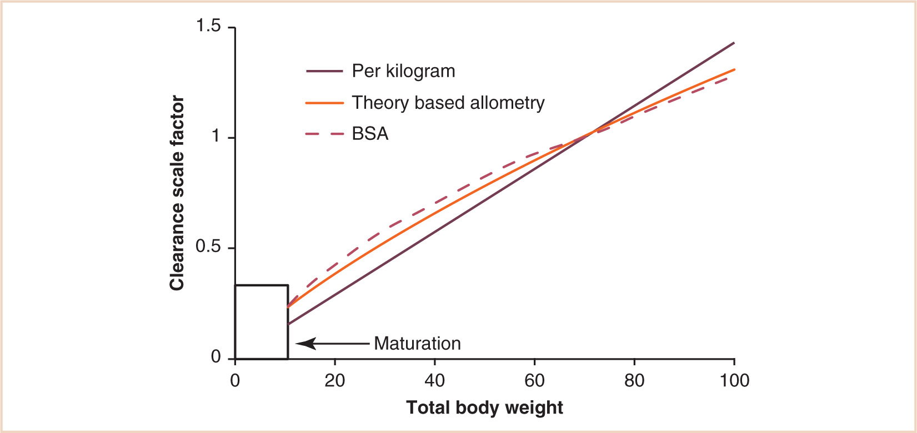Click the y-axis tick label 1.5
click(209, 26)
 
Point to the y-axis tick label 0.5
click(209, 247)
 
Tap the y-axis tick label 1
click(216, 137)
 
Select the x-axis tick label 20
click(335, 381)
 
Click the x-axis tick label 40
click(435, 381)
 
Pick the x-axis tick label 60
click(534, 381)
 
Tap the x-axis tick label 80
click(634, 381)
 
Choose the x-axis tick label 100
click(734, 381)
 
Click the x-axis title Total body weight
click(484, 408)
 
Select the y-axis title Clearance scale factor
click(177, 193)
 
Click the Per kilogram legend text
click(403, 71)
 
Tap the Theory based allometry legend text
click(448, 103)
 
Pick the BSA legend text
click(370, 134)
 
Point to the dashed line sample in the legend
click(325, 134)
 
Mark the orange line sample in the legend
click(325, 103)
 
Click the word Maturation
click(417, 344)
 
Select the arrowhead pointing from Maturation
click(303, 344)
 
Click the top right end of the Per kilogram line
click(734, 43)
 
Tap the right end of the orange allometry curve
click(734, 69)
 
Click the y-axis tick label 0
click(216, 358)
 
